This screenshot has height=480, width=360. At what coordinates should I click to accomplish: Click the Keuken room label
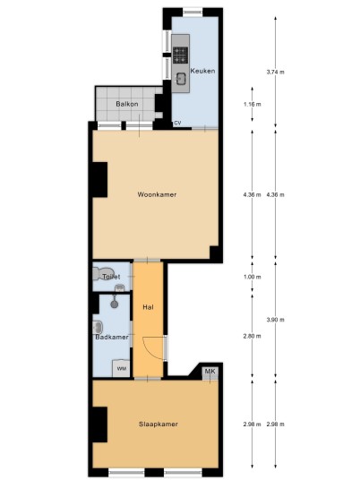point(202,71)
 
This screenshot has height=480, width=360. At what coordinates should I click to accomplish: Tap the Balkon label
point(127,104)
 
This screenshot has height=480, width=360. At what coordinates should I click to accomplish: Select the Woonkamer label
point(157,194)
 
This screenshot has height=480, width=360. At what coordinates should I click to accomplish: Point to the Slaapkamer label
point(159,424)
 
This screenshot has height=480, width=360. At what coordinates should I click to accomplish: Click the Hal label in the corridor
point(148,307)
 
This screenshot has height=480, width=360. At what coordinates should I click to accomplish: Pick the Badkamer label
point(112,337)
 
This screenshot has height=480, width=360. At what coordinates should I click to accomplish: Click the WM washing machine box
point(122,368)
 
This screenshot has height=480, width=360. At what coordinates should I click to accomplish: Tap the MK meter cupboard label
point(210,372)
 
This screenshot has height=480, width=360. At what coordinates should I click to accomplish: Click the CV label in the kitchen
point(177,123)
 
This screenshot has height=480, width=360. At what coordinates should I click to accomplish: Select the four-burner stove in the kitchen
point(180,56)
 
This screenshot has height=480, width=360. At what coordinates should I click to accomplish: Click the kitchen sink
point(181,79)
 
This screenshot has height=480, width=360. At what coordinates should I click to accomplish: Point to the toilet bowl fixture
point(103,273)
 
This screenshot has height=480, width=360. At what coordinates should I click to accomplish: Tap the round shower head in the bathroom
point(115,304)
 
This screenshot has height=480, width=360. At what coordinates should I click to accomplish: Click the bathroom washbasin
point(98,327)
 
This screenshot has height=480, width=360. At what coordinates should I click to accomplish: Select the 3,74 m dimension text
point(276,73)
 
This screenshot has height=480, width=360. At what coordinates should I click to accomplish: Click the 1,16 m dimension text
point(253,105)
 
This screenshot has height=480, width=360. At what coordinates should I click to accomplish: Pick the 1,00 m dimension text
point(253,277)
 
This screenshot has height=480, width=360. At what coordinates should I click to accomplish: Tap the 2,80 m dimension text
point(253,336)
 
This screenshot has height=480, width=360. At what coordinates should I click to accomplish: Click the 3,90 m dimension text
point(276,320)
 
